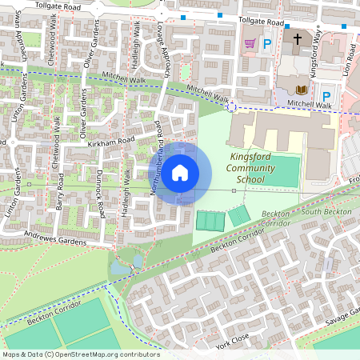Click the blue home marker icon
[x=180, y=172]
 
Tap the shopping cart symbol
[x=250, y=43]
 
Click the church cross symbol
[x=298, y=38]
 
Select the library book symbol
[x=302, y=90]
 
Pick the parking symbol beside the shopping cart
[x=267, y=44]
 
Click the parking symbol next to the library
[x=326, y=96]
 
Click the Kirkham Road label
[x=112, y=141]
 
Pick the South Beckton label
[x=322, y=211]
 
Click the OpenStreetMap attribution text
[x=80, y=354]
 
